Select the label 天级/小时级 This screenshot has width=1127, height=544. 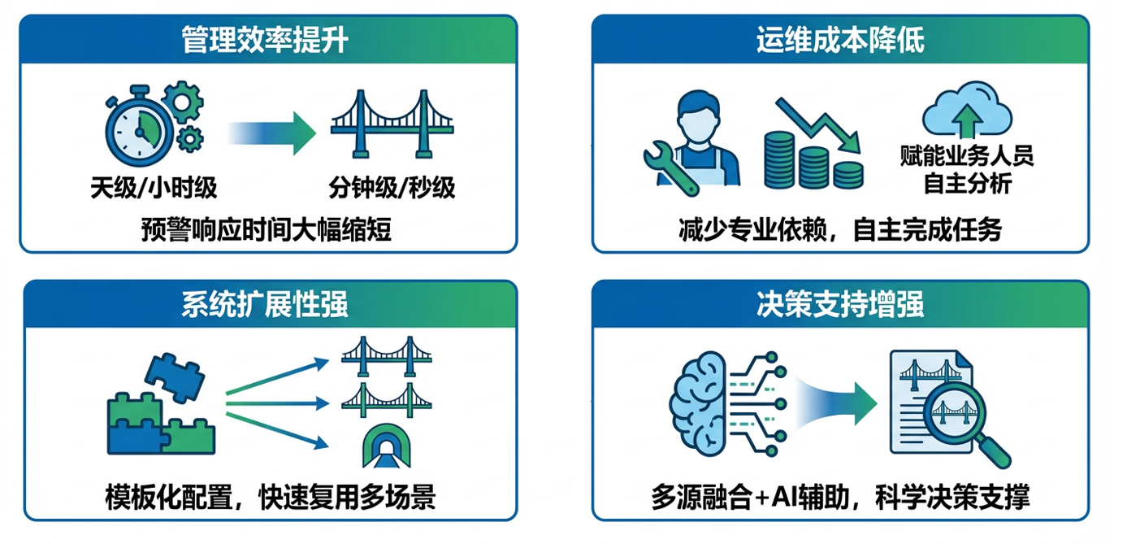coord(154,189)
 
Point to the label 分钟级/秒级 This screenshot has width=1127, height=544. coord(392,189)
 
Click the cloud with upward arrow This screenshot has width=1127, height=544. coord(967,115)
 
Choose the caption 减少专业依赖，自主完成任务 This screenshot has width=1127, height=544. coord(840,230)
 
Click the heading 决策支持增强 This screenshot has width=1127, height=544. coord(840,305)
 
